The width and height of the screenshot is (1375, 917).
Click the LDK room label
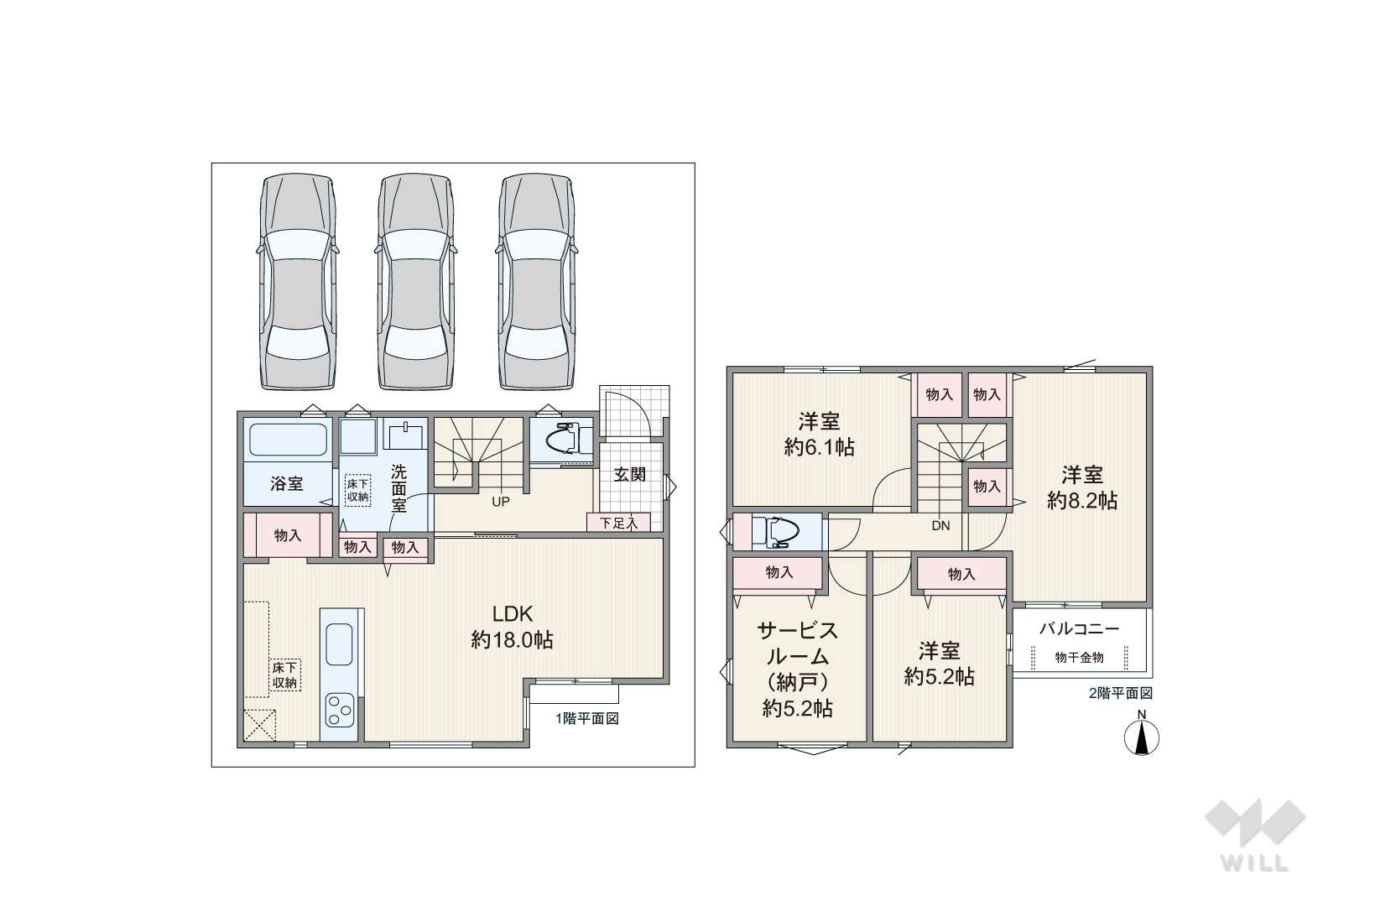pyautogui.click(x=512, y=614)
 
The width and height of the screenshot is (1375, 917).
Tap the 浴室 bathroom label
pyautogui.click(x=287, y=483)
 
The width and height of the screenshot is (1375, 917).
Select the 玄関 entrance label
pyautogui.click(x=630, y=475)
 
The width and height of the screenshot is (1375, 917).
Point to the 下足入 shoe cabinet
pyautogui.click(x=618, y=523)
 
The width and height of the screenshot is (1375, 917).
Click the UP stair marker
pyautogui.click(x=500, y=502)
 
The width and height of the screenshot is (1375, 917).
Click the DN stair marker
pyautogui.click(x=940, y=525)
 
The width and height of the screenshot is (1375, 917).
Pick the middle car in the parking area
pyautogui.click(x=416, y=282)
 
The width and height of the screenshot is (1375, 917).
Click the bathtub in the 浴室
pyautogui.click(x=288, y=440)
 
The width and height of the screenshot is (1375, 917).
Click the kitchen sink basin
pyautogui.click(x=340, y=643)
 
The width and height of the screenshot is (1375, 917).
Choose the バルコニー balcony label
pyautogui.click(x=1079, y=629)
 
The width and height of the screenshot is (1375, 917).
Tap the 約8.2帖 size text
pyautogui.click(x=1081, y=501)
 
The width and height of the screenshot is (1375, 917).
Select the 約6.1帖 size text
pyautogui.click(x=819, y=447)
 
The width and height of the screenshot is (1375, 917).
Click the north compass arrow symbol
pyautogui.click(x=1142, y=737)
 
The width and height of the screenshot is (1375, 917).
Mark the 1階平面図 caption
pyautogui.click(x=587, y=719)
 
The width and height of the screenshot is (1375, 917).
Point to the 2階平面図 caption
pyautogui.click(x=1121, y=694)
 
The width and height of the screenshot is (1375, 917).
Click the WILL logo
pyautogui.click(x=1255, y=834)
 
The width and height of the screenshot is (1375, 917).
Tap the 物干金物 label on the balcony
pyautogui.click(x=1079, y=658)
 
